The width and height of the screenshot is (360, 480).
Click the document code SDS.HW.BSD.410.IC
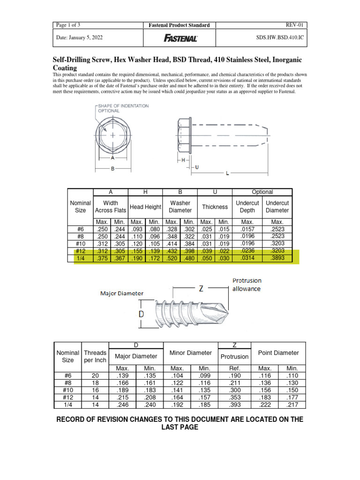(281, 38)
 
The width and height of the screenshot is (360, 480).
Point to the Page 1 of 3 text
(68, 25)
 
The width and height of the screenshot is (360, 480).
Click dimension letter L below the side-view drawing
(227, 173)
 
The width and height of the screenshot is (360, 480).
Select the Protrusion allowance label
(247, 285)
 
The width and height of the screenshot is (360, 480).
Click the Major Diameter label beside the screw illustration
(122, 293)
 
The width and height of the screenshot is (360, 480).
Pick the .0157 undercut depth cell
(247, 229)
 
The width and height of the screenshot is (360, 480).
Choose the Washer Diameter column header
(180, 207)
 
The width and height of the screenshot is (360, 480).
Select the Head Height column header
(145, 207)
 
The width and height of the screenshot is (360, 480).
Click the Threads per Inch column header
(95, 357)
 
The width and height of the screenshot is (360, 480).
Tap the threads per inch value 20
(95, 375)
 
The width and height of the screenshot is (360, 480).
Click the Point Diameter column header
(278, 353)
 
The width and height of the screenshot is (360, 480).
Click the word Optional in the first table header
(262, 192)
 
